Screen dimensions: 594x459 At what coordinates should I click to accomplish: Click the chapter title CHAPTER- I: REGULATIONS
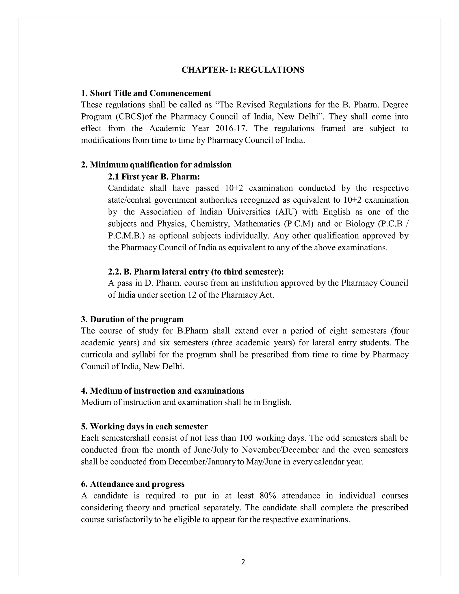pos(243,70)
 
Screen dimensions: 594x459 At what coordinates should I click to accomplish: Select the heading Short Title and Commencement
pos(146,93)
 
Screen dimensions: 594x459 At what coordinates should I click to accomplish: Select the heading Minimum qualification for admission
pos(156,165)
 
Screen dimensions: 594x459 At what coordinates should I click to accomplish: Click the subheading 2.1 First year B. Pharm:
pos(154,177)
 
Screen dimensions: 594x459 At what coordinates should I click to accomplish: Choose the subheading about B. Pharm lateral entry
pos(196,272)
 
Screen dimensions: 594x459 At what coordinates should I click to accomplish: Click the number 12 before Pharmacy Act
pos(192,295)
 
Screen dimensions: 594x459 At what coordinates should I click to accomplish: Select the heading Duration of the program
pos(132,319)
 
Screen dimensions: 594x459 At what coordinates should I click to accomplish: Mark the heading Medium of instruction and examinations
pos(163,391)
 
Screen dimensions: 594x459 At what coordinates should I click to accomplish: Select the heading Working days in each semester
pos(144,427)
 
